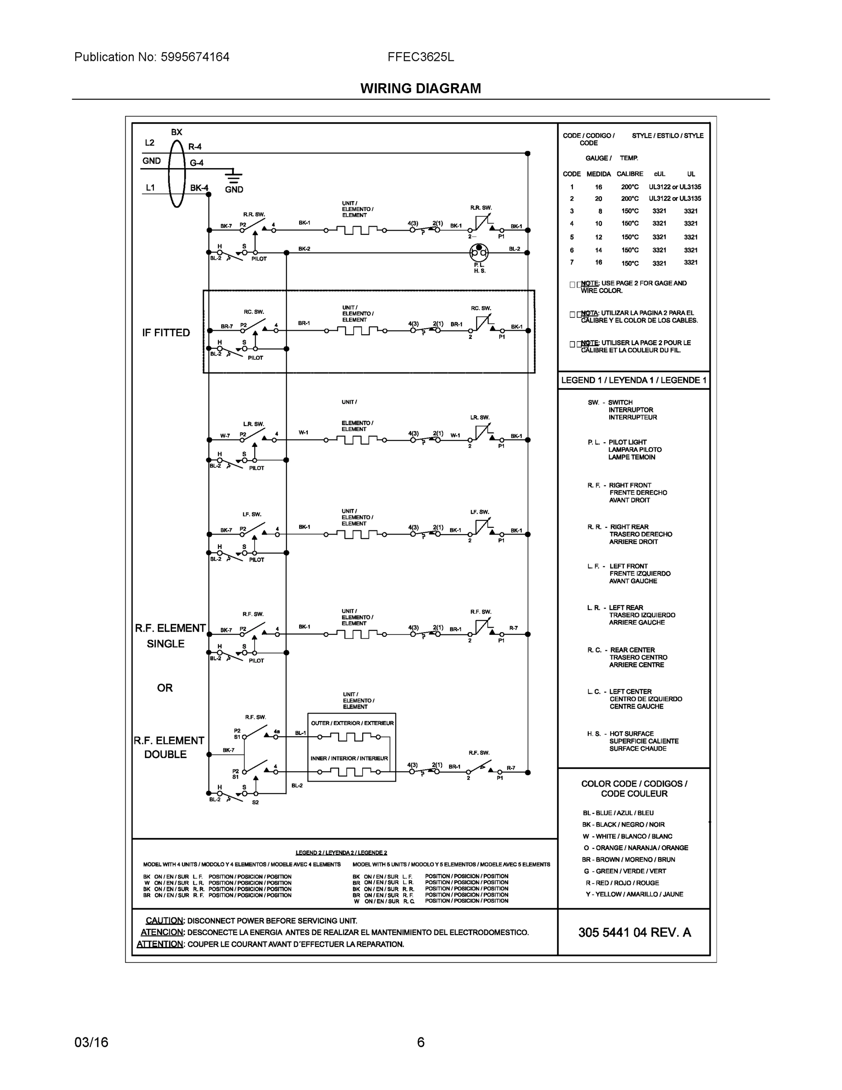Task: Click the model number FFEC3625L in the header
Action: (420, 57)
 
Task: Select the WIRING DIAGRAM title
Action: (420, 89)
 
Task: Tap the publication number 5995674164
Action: (195, 57)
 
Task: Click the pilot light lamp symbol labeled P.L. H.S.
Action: (479, 253)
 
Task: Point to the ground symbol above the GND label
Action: (233, 176)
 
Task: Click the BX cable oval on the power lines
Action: (177, 173)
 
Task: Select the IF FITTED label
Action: (166, 332)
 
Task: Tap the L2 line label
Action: (150, 143)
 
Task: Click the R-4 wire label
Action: (195, 147)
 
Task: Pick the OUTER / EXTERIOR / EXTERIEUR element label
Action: (352, 723)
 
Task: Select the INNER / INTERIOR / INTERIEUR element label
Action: (349, 758)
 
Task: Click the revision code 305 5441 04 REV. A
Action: (635, 932)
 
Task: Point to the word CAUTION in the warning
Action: (165, 920)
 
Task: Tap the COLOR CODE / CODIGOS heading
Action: (634, 788)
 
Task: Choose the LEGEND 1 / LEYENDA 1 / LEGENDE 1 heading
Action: (634, 380)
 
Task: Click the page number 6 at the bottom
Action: (420, 1042)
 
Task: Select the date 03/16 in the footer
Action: (91, 1042)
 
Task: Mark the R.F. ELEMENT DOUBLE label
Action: (168, 747)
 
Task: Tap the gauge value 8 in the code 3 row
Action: (600, 211)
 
